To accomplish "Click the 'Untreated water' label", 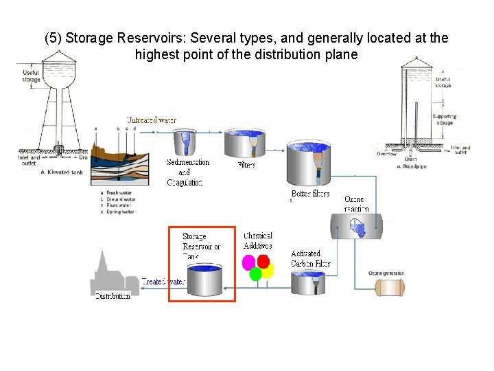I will pos(151,120).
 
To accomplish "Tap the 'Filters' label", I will pos(247,165).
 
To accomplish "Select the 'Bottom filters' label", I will pos(310,194).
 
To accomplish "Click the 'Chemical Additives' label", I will pos(257,241).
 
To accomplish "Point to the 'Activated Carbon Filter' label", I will pos(310,258).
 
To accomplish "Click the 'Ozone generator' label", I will pos(386,273).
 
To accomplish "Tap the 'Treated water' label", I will pos(163,282).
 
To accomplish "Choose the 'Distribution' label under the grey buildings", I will pos(112,296).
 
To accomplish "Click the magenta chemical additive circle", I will pos(249,262).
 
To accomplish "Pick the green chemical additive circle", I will pos(255,274).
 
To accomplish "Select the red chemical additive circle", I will pos(263,261).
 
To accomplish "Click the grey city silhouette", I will pos(110,275).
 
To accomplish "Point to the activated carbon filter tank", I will pos(308,282).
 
